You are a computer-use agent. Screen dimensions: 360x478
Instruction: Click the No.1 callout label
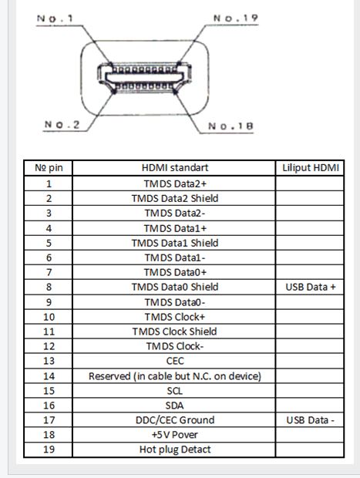pyautogui.click(x=55, y=19)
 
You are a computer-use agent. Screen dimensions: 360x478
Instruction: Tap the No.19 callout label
pyautogui.click(x=236, y=19)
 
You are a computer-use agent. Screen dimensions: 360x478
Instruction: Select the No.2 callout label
pyautogui.click(x=62, y=124)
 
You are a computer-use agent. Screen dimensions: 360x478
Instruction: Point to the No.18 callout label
pyautogui.click(x=230, y=126)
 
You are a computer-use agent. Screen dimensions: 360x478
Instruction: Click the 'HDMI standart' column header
pyautogui.click(x=175, y=167)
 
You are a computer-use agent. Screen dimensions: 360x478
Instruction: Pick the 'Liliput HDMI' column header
pyautogui.click(x=311, y=167)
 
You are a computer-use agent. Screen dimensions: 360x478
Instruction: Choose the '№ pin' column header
pyautogui.click(x=49, y=167)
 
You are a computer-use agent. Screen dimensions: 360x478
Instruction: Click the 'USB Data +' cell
pyautogui.click(x=311, y=287)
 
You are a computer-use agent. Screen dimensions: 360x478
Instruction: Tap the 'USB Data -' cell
pyautogui.click(x=311, y=420)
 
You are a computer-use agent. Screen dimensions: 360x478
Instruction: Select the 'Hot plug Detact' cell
pyautogui.click(x=175, y=449)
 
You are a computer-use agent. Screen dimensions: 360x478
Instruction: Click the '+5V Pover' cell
pyautogui.click(x=175, y=435)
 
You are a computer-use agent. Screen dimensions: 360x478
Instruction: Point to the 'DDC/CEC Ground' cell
pyautogui.click(x=175, y=420)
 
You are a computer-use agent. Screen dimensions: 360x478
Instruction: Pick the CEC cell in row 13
pyautogui.click(x=175, y=361)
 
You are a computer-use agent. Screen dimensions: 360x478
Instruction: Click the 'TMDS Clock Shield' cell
pyautogui.click(x=175, y=332)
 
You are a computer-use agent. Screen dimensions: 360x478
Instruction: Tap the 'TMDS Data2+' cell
pyautogui.click(x=175, y=183)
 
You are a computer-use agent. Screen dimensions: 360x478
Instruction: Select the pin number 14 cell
pyautogui.click(x=49, y=376)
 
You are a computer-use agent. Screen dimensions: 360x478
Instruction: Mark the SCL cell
pyautogui.click(x=175, y=391)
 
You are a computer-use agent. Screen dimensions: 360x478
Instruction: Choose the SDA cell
pyautogui.click(x=175, y=406)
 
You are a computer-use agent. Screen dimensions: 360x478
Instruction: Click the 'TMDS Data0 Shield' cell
pyautogui.click(x=175, y=287)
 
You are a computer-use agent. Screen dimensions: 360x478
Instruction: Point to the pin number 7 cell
pyautogui.click(x=49, y=272)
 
